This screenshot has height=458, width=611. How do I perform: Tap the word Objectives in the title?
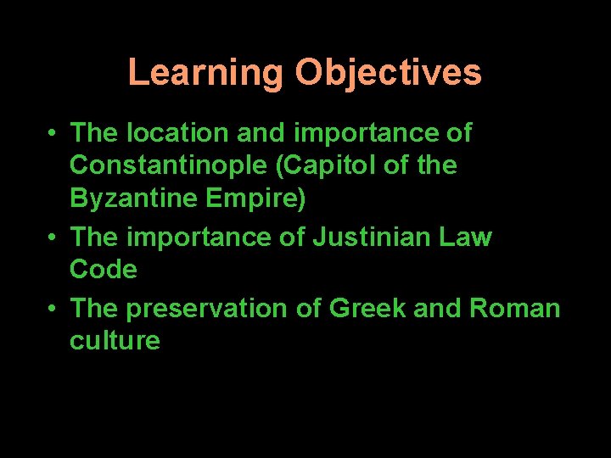388,73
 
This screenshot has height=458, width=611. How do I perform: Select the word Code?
103,269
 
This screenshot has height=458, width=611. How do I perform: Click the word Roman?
515,309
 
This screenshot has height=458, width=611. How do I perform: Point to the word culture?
115,341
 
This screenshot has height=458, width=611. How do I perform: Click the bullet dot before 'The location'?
53,134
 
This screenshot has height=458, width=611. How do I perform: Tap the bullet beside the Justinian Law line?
53,237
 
